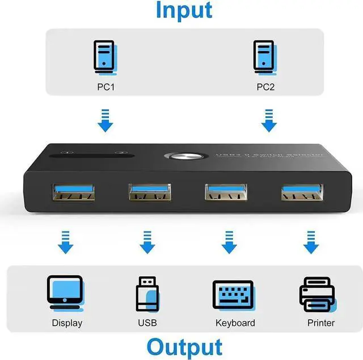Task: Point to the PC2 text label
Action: click(x=265, y=87)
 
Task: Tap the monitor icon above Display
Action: click(x=66, y=293)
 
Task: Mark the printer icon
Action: click(x=317, y=294)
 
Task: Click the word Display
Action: click(x=67, y=323)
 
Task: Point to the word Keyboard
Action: click(x=235, y=323)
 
